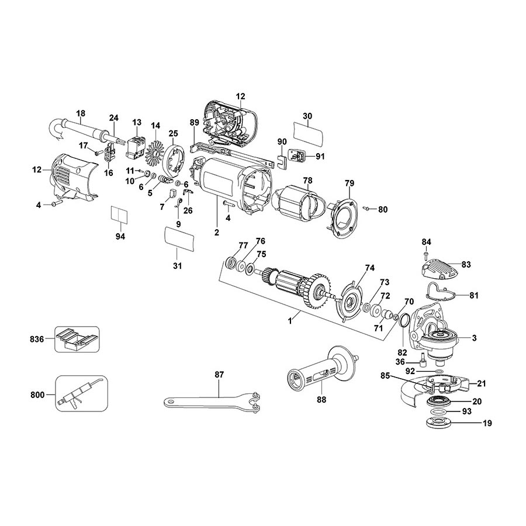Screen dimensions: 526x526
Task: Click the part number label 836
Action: (37, 339)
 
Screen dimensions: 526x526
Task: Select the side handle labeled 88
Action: (320, 370)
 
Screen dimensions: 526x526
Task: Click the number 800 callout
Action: (37, 395)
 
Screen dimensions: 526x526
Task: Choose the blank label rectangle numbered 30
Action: (309, 133)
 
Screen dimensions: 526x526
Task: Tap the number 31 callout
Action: (178, 266)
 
